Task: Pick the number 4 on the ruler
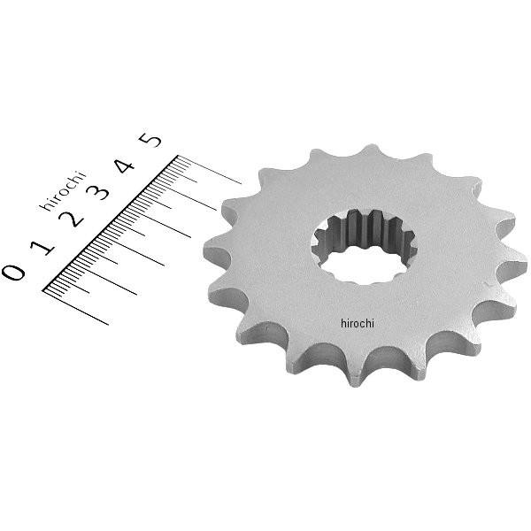125,165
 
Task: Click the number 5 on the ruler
152,140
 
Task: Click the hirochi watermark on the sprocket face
357,324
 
